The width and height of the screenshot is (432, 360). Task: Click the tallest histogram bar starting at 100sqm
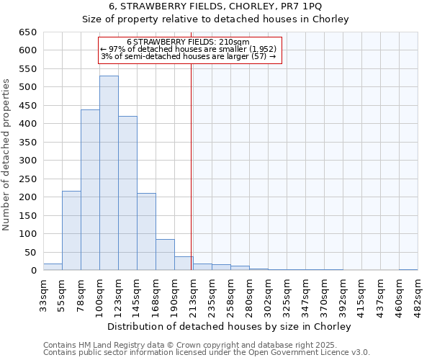point(109,173)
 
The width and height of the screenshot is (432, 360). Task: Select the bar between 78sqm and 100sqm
point(90,190)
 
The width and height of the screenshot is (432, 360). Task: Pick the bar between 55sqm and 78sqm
point(71,230)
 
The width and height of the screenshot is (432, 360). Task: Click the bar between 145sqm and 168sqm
point(146,232)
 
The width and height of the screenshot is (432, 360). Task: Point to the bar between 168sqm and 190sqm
point(165,255)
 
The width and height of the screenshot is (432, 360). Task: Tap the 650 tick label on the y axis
point(27,32)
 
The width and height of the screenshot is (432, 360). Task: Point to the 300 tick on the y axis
point(27,161)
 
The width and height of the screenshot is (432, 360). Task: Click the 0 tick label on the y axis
point(33,271)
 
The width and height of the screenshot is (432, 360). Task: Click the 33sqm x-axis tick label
point(44,294)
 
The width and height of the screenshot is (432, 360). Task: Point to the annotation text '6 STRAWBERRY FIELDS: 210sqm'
point(188,42)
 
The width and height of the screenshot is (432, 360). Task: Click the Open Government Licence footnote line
point(207,353)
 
